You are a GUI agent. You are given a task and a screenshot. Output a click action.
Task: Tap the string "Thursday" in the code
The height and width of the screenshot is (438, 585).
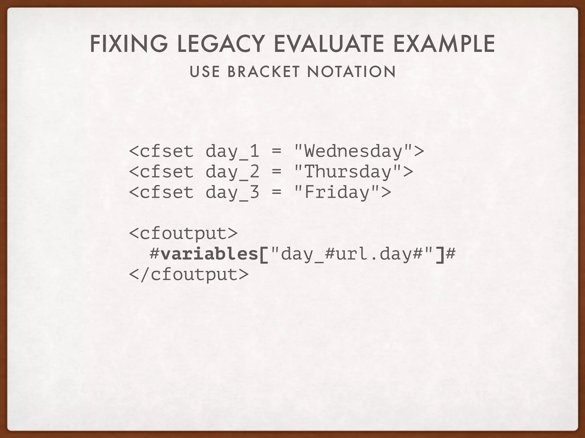point(348,172)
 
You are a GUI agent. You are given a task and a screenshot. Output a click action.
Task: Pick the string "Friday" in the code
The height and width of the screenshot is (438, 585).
point(337,192)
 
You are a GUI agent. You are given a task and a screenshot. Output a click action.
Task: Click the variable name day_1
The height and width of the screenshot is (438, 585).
point(232,151)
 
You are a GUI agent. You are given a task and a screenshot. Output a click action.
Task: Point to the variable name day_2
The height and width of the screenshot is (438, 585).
point(232,172)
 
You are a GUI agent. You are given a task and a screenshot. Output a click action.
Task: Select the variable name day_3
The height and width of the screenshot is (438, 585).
point(232,193)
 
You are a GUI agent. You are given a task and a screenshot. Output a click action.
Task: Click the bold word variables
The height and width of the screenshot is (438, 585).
point(209,254)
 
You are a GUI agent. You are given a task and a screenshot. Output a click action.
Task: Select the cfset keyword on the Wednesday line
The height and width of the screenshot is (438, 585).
point(167,151)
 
